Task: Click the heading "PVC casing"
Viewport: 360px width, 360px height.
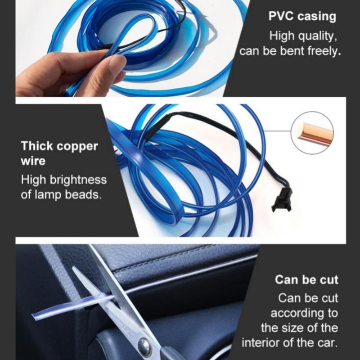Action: point(302,17)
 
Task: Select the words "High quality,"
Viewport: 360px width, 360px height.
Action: point(302,36)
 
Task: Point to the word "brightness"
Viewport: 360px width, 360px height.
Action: point(78,180)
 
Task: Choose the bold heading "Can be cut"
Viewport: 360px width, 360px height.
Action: point(306,280)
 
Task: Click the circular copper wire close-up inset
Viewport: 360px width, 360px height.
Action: point(312,133)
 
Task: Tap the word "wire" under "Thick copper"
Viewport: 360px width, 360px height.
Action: point(33,161)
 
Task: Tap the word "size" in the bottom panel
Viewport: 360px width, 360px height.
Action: point(295,327)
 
